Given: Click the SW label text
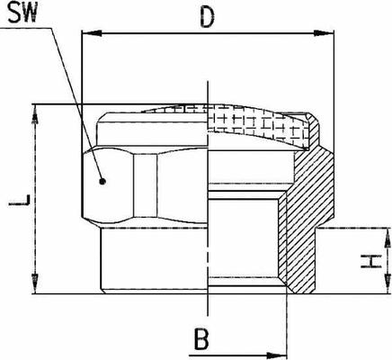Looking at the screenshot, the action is (22, 13).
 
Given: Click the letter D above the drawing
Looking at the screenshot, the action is (208, 16).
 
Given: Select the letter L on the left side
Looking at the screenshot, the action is (20, 201).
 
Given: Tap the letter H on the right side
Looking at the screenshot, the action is (371, 261).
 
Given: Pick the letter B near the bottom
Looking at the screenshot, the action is (201, 339).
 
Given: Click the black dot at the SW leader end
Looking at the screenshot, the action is (102, 181).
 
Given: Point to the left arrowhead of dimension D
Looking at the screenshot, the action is (92, 33).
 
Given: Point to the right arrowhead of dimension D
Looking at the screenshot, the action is (324, 33).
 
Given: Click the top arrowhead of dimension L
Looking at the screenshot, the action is (36, 114).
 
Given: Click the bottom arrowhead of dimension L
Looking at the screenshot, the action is (36, 283).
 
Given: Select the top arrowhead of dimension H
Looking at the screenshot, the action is (387, 238).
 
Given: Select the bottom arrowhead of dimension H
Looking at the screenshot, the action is (387, 283).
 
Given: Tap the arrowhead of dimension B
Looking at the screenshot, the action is (277, 355).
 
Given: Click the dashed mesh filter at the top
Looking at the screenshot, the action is (258, 123).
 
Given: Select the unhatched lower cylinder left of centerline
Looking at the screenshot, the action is (154, 260).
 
